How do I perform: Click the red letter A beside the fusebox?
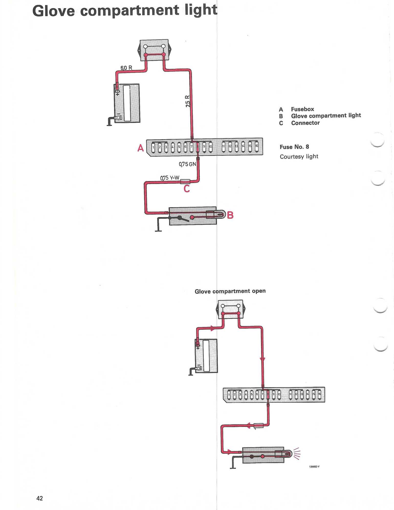pyautogui.click(x=140, y=148)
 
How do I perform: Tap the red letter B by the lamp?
pyautogui.click(x=230, y=215)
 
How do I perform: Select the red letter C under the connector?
pyautogui.click(x=187, y=189)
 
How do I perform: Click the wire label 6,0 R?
pyautogui.click(x=126, y=68)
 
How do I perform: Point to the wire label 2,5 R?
pyautogui.click(x=188, y=101)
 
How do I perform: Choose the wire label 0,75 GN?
pyautogui.click(x=188, y=164)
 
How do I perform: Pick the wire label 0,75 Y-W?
pyautogui.click(x=170, y=178)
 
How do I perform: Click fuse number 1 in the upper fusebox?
pyautogui.click(x=153, y=147)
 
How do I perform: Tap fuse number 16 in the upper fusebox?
pyautogui.click(x=257, y=146)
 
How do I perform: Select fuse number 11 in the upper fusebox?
pyautogui.click(x=223, y=147)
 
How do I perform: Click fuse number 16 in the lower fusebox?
pyautogui.click(x=319, y=394)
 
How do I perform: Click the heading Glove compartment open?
pyautogui.click(x=230, y=291)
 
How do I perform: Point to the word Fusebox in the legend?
pyautogui.click(x=302, y=109)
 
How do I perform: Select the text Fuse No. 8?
pyautogui.click(x=294, y=147)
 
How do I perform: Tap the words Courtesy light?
pyautogui.click(x=299, y=156)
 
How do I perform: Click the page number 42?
pyautogui.click(x=40, y=498)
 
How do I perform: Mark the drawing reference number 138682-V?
pyautogui.click(x=314, y=466)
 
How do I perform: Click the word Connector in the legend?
pyautogui.click(x=305, y=123)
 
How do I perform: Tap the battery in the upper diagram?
pyautogui.click(x=127, y=103)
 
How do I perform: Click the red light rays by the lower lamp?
pyautogui.click(x=297, y=454)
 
